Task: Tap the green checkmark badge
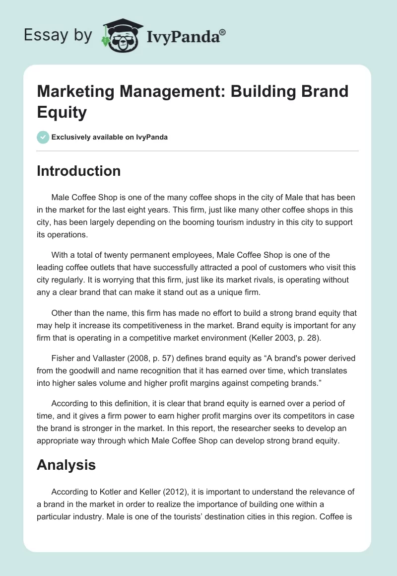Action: point(43,137)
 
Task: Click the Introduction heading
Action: point(78,171)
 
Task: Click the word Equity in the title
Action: point(62,112)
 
